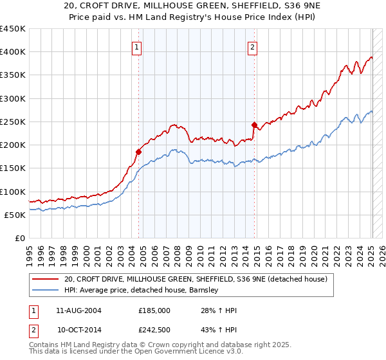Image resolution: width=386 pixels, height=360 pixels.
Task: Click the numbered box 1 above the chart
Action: click(x=138, y=46)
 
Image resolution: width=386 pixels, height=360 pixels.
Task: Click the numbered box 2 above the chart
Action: click(x=253, y=46)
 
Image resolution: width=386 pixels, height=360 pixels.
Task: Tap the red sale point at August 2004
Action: click(x=138, y=152)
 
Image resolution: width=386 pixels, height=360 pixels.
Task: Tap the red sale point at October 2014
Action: click(x=254, y=125)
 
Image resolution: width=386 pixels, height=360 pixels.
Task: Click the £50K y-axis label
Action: click(x=15, y=215)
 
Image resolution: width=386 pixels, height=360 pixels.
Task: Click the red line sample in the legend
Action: click(x=45, y=279)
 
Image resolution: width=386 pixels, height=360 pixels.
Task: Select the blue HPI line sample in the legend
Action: click(x=45, y=290)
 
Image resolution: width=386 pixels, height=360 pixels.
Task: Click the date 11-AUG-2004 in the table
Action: click(x=79, y=310)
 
